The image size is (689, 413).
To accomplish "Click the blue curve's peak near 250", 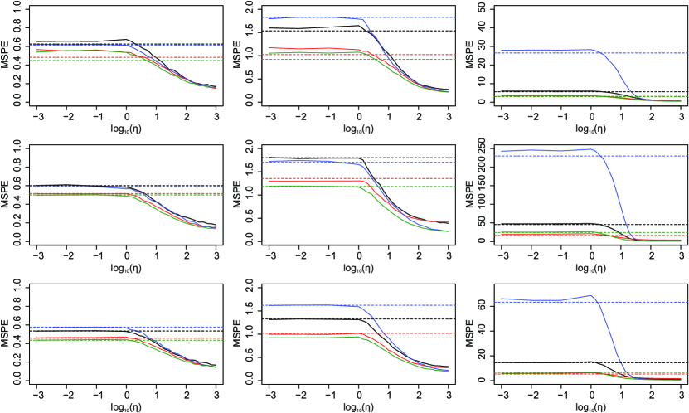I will point(590,149).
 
